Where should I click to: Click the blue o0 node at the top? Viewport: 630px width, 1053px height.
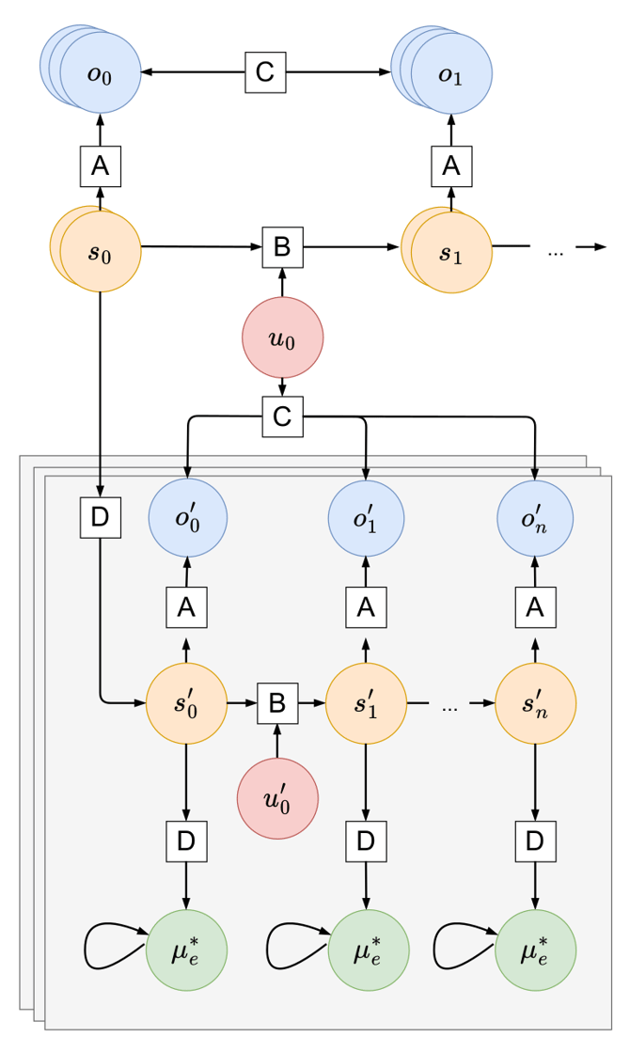tap(100, 73)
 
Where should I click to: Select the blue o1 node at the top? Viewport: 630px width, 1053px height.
tap(451, 73)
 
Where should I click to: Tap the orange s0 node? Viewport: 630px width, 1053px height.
tap(100, 252)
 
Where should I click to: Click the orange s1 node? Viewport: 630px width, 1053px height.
tap(451, 252)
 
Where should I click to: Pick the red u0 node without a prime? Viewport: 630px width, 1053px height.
tap(282, 338)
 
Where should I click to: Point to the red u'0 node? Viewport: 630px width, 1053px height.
tap(277, 799)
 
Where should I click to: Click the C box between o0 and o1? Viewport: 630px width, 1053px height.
tap(265, 72)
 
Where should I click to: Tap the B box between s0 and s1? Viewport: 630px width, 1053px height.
tap(281, 247)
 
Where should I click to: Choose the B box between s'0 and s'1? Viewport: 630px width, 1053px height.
tap(277, 702)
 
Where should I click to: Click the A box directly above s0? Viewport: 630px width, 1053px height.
tap(100, 166)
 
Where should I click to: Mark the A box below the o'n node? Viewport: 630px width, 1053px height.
tap(535, 608)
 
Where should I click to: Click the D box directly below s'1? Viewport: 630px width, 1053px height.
tap(366, 841)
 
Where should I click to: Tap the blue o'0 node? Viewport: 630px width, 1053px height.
tap(187, 518)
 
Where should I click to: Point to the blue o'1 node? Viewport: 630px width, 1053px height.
tap(366, 518)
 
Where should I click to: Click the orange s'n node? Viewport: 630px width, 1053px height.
tap(535, 702)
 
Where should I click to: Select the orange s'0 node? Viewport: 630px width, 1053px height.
tap(186, 702)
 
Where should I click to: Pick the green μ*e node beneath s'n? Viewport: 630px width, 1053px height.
tap(535, 950)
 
